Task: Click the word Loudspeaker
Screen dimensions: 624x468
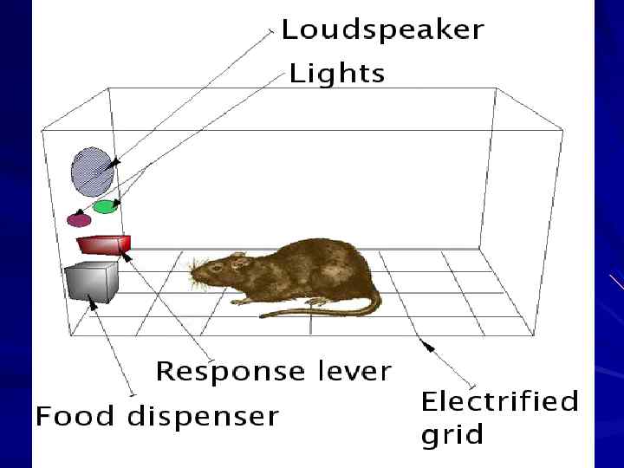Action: (x=382, y=30)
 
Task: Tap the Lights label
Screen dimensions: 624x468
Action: (x=336, y=73)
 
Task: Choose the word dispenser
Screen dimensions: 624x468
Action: (x=204, y=417)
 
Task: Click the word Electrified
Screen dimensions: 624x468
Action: (x=499, y=402)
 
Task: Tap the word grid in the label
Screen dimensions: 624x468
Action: (x=452, y=434)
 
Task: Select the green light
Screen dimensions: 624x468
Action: (x=105, y=207)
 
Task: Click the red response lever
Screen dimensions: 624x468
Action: (x=102, y=243)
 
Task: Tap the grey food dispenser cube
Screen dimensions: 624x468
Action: (x=89, y=281)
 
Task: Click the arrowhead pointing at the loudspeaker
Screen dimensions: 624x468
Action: (x=114, y=163)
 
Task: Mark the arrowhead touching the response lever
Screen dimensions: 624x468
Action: (x=127, y=254)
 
